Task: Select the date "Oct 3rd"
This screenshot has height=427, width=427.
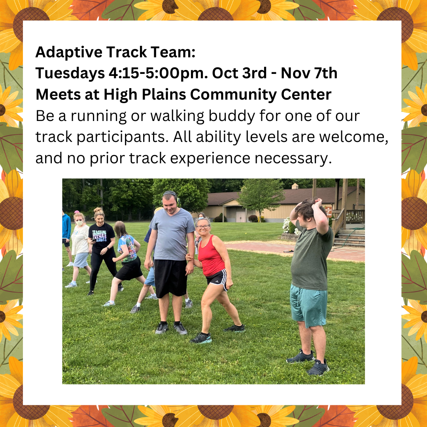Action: pos(239,73)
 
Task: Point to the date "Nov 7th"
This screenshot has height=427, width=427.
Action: pos(309,73)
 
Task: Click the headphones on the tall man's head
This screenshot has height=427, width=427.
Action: pos(171,196)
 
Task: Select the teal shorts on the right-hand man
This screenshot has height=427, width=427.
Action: pos(308,305)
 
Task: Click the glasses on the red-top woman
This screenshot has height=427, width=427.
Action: pos(203,227)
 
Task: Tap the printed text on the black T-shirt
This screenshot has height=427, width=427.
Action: pos(99,236)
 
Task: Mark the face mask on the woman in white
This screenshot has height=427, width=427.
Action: pos(79,223)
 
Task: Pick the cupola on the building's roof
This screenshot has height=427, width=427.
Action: pos(295,186)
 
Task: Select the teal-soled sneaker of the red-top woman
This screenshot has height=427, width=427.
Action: pos(201,338)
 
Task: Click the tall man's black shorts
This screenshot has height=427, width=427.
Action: pos(171,278)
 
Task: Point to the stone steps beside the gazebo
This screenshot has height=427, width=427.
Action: pos(350,238)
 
